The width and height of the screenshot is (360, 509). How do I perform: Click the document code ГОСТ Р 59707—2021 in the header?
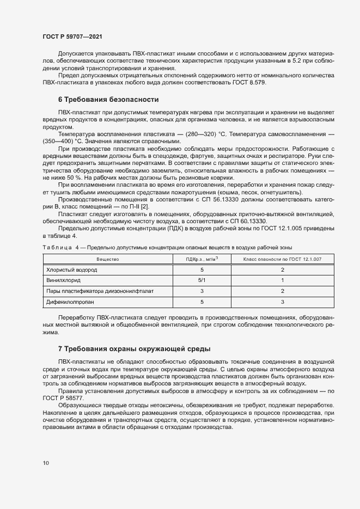pos(72,36)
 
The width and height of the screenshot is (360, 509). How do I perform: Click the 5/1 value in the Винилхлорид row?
pos(202,280)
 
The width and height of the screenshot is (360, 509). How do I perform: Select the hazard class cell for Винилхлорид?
pos(282,280)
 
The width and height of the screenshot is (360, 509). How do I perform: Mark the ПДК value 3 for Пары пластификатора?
pos(202,291)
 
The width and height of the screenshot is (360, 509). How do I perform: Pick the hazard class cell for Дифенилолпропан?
pos(282,301)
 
